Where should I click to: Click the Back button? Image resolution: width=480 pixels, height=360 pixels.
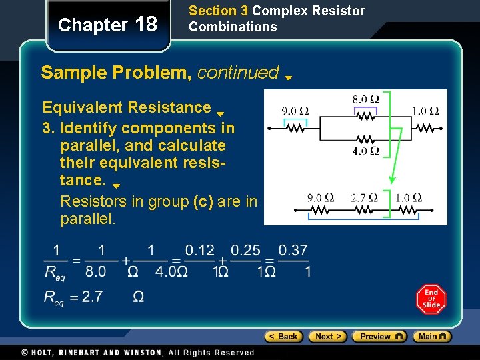pyautogui.click(x=283, y=337)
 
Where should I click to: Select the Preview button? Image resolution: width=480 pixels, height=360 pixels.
pyautogui.click(x=379, y=337)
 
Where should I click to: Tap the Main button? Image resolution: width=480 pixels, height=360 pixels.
pyautogui.click(x=432, y=337)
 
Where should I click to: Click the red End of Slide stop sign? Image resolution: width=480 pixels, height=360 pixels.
pyautogui.click(x=431, y=299)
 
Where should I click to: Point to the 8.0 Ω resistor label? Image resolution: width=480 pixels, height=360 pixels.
pyautogui.click(x=365, y=99)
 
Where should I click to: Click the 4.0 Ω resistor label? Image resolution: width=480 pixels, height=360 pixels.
pyautogui.click(x=365, y=151)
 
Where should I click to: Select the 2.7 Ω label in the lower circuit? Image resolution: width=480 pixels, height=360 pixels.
pyautogui.click(x=364, y=198)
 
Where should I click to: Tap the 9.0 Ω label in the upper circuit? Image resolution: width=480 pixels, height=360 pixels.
pyautogui.click(x=295, y=111)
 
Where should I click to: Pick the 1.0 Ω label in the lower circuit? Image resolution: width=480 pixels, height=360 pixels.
pyautogui.click(x=407, y=198)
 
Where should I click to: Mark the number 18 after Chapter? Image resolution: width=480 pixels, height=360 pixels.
pyautogui.click(x=146, y=25)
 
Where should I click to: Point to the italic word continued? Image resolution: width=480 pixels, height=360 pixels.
pyautogui.click(x=238, y=72)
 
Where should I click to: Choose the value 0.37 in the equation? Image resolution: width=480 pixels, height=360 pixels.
pyautogui.click(x=293, y=251)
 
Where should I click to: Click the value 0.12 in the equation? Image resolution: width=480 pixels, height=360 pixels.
pyautogui.click(x=199, y=251)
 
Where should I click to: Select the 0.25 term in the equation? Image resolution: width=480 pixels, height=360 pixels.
pyautogui.click(x=246, y=251)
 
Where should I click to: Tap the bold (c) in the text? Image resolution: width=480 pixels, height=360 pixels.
pyautogui.click(x=203, y=201)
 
